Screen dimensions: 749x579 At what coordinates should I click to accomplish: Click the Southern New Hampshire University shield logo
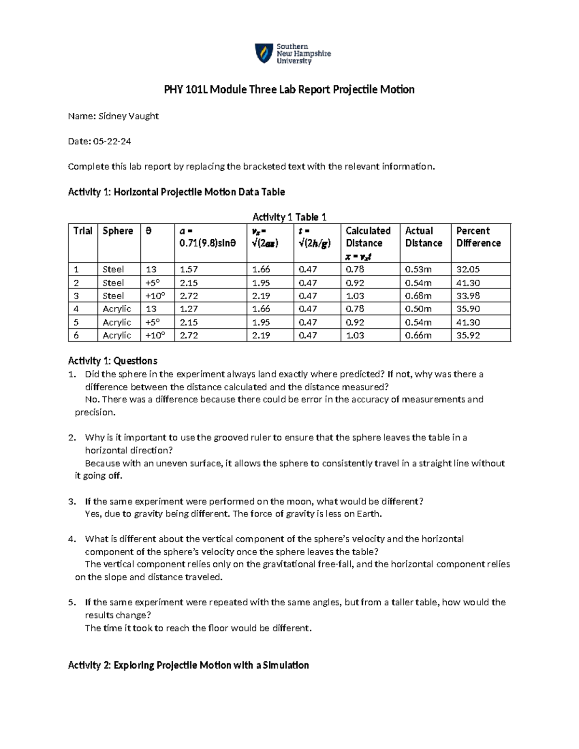pos(263,54)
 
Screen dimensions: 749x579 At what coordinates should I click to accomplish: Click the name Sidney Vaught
pos(128,116)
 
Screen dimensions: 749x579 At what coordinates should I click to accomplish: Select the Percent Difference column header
pos(478,237)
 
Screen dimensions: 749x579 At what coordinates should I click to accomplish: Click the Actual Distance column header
pos(423,237)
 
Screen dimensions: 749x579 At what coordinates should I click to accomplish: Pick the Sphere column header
pos(118,231)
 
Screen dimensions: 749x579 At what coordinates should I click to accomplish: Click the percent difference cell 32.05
pos(468,269)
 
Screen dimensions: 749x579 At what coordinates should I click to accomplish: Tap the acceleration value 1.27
pos(189,309)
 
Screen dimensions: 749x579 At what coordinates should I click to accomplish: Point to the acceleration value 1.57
pos(189,269)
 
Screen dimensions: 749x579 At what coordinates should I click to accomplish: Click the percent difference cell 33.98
pos(468,296)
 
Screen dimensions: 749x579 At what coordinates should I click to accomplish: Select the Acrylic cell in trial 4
pos(117,309)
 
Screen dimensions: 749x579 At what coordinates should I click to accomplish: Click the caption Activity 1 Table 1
pos(289,217)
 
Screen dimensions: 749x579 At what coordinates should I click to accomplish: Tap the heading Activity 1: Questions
pos(112,361)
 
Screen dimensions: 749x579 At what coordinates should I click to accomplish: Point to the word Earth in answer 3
pos(369,514)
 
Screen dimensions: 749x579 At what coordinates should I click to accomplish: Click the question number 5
pos(72,602)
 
